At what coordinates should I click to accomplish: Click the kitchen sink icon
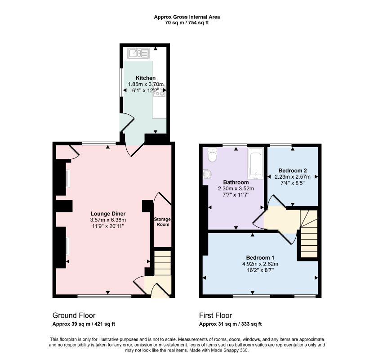(138, 53)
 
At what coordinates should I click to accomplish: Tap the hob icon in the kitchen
(160, 91)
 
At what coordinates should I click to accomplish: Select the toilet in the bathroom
(212, 155)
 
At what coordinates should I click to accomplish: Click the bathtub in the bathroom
(255, 163)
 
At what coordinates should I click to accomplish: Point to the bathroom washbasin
(207, 174)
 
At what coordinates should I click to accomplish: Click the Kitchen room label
(146, 78)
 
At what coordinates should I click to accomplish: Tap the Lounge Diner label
(108, 214)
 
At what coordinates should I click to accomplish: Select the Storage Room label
(162, 222)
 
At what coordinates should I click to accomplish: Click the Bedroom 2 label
(293, 171)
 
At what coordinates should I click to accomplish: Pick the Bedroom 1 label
(260, 257)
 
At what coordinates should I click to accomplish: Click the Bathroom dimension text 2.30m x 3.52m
(236, 189)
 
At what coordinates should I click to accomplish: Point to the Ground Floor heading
(74, 315)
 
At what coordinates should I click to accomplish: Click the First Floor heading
(215, 315)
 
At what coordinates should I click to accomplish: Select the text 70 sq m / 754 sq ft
(187, 23)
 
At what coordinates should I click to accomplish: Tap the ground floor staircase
(163, 263)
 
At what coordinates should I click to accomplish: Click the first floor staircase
(309, 234)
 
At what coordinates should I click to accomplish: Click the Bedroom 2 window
(281, 145)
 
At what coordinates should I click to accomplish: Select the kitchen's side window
(121, 83)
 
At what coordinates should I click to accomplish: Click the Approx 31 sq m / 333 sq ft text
(230, 324)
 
